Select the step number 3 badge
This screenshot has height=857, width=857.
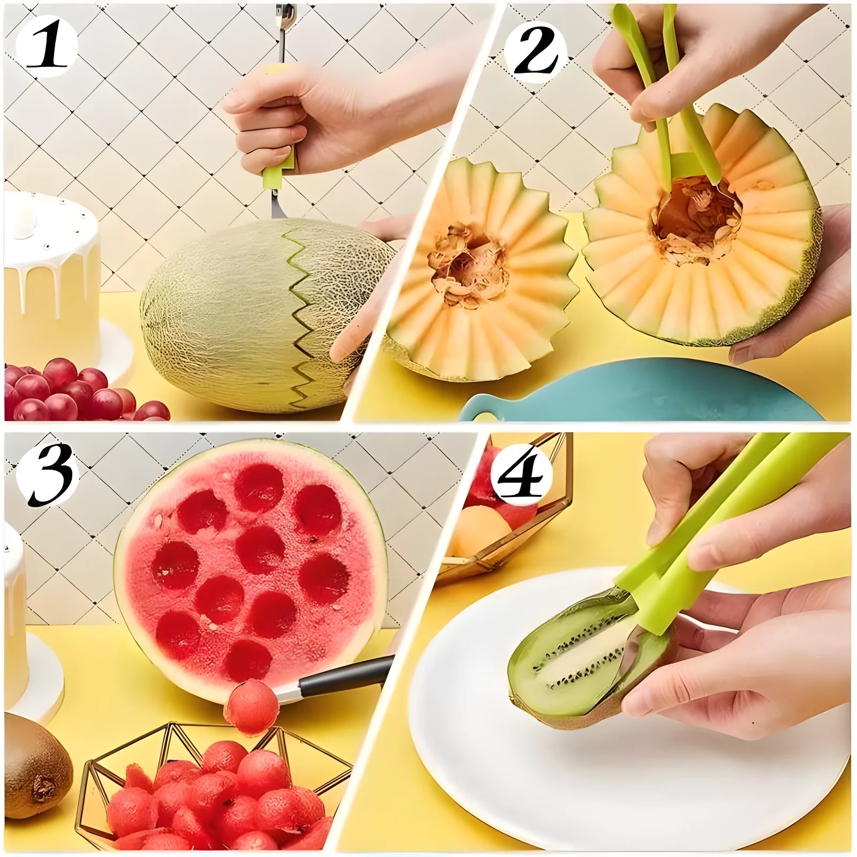point(48,475)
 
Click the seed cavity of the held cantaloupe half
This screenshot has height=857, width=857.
point(696,220)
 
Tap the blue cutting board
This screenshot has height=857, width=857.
point(643,394)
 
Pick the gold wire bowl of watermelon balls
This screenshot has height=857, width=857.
point(214,787)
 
